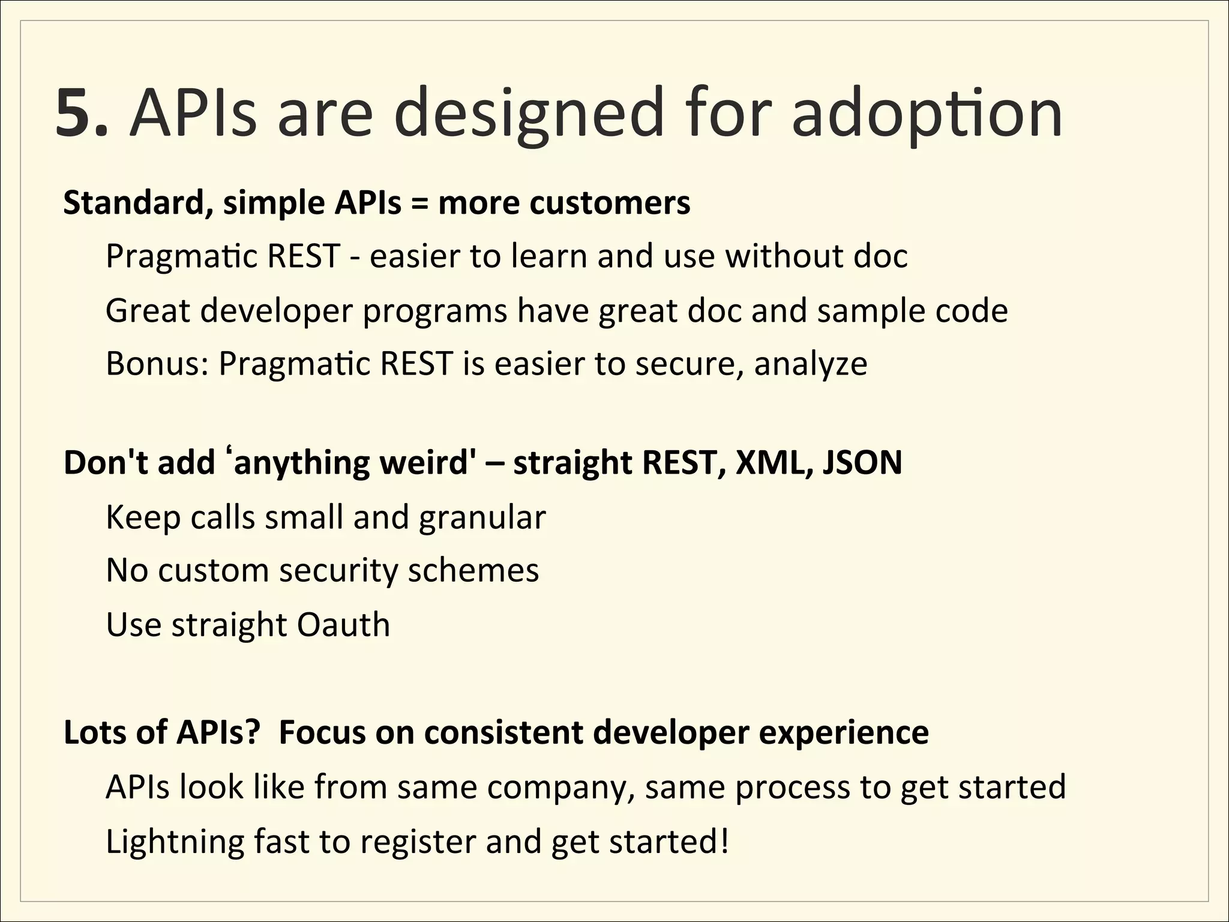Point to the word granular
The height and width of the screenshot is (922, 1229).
(482, 517)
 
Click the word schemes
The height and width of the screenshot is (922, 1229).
(473, 570)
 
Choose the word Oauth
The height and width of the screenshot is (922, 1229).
(343, 625)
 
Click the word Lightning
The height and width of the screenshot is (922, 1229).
(175, 842)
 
